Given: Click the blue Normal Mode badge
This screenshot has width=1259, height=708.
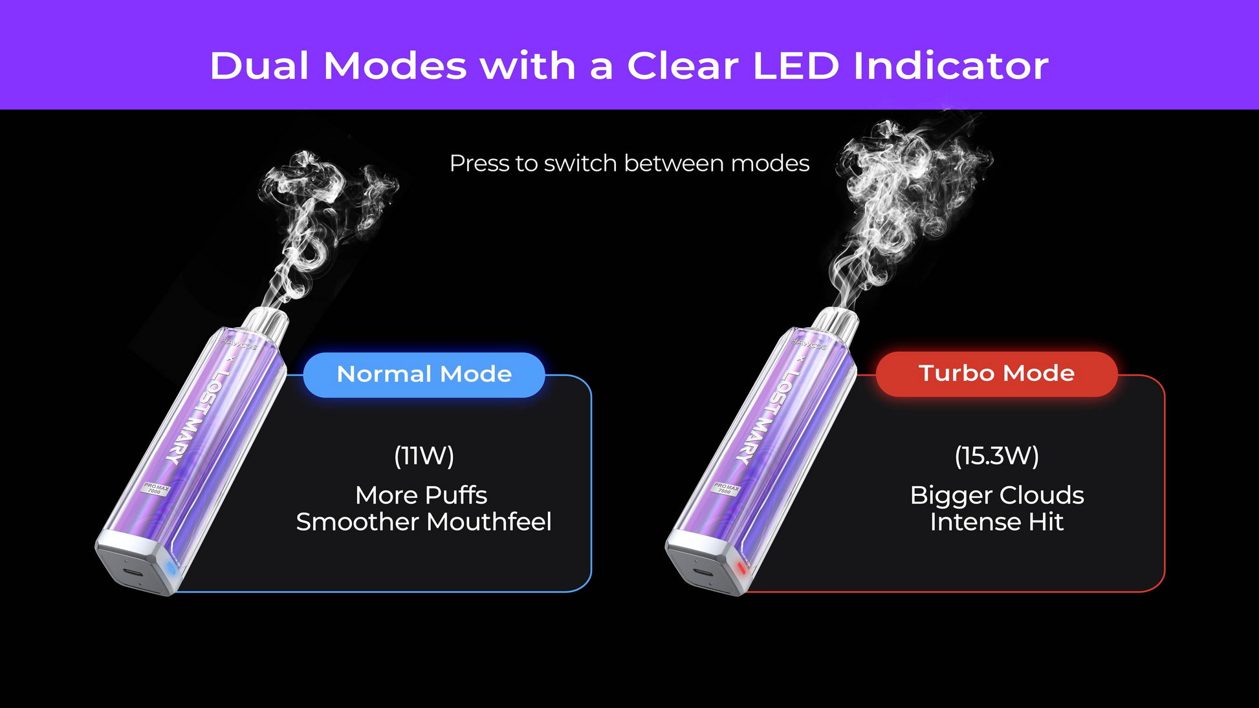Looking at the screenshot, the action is click(x=424, y=374).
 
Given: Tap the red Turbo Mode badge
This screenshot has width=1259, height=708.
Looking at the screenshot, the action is click(x=996, y=374).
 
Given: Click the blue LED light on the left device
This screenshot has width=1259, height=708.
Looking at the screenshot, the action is click(x=171, y=568).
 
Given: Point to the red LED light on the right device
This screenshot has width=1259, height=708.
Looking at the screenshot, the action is click(x=741, y=568).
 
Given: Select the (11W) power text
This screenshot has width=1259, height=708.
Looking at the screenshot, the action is click(x=424, y=456).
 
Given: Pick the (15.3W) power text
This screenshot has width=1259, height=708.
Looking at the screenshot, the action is click(x=997, y=456).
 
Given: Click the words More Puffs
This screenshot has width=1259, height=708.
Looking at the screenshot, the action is click(x=421, y=495).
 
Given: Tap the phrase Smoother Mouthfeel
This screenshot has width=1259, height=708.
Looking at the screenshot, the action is click(x=424, y=522).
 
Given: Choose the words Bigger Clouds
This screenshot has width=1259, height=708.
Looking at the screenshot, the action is click(x=997, y=495).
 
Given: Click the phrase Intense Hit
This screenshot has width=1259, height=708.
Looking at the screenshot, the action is click(x=997, y=522).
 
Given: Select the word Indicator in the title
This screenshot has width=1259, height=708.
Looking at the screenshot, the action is click(x=951, y=66).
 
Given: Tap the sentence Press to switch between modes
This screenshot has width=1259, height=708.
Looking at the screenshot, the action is click(x=629, y=164).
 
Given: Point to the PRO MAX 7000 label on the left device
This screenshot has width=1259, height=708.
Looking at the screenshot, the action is click(x=156, y=488).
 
